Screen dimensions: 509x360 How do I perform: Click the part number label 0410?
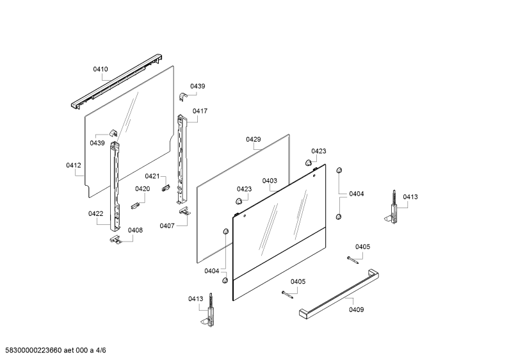click(x=101, y=69)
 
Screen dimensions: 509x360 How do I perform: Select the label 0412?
click(x=74, y=165)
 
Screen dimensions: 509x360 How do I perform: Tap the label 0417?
click(x=200, y=111)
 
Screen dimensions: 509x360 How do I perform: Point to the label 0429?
click(x=253, y=140)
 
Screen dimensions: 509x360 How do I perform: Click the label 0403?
click(x=270, y=181)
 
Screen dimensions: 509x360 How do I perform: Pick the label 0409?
click(x=357, y=309)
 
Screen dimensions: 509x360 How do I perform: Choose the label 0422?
click(x=96, y=214)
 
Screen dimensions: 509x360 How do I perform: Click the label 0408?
click(x=135, y=231)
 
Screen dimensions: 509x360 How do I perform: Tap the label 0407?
click(x=167, y=226)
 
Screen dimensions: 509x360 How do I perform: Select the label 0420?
click(x=143, y=189)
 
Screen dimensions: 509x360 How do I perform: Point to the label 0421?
click(x=152, y=176)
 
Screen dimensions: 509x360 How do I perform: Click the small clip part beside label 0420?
click(x=135, y=206)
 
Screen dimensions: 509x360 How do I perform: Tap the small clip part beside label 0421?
click(x=166, y=188)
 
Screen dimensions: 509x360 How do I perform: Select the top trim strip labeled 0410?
click(x=117, y=81)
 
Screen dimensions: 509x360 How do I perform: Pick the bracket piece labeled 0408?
click(x=115, y=239)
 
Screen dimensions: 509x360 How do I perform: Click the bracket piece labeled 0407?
click(x=184, y=211)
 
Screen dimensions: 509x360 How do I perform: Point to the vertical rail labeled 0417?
click(x=182, y=160)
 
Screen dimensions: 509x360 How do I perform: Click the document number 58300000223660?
click(x=31, y=350)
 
